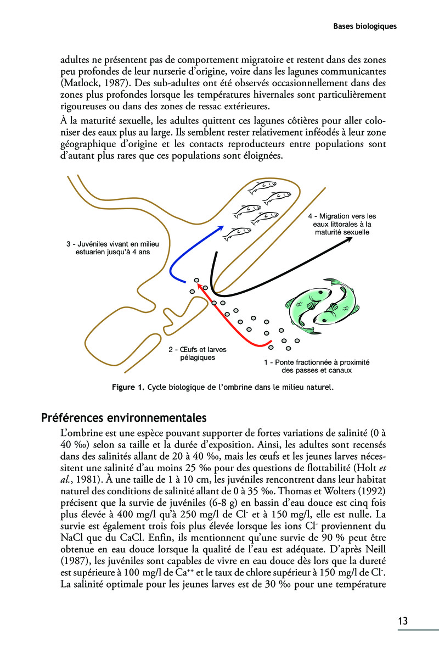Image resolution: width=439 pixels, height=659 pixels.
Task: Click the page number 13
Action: [403, 621]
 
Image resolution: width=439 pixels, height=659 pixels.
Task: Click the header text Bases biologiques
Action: [365, 26]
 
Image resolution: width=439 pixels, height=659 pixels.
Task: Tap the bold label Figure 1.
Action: [128, 387]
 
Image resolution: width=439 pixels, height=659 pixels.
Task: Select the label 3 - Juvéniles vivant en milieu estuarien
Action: [108, 248]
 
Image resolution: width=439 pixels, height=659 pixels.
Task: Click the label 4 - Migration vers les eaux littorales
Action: [342, 224]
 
